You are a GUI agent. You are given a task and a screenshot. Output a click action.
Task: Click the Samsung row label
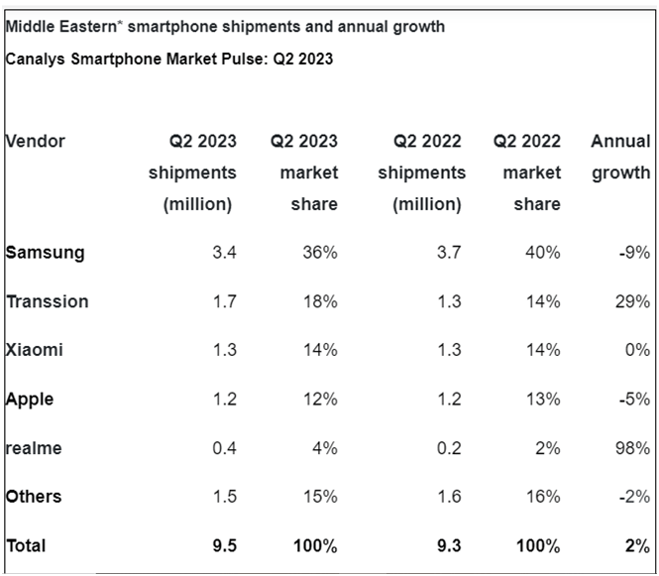click(46, 252)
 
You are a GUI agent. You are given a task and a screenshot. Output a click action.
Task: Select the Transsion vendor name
click(48, 301)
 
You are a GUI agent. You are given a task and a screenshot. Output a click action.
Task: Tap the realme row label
click(34, 448)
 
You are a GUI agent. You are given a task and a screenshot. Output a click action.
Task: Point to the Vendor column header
click(36, 141)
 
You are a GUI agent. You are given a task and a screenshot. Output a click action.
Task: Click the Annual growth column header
click(620, 157)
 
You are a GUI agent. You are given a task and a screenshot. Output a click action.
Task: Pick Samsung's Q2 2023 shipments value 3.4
click(224, 252)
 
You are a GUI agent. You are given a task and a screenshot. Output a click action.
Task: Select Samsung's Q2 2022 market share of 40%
click(544, 252)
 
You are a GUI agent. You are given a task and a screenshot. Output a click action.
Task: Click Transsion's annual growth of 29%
click(631, 301)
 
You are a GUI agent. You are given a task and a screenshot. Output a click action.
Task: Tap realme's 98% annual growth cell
click(631, 448)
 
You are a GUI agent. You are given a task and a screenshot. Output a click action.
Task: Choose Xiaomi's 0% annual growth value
click(636, 350)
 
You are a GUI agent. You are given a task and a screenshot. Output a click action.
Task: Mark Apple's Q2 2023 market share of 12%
click(321, 400)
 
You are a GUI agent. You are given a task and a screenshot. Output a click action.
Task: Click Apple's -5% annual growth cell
click(633, 400)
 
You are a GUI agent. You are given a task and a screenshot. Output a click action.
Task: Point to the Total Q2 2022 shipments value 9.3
click(448, 545)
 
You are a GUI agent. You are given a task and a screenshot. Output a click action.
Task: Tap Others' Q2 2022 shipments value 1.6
click(449, 497)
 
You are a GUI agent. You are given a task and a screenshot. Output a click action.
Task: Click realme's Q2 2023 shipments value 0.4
click(224, 448)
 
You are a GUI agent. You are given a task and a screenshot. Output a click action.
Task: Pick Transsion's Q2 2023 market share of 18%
click(321, 301)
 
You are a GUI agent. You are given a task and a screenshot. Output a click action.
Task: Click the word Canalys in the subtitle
click(36, 59)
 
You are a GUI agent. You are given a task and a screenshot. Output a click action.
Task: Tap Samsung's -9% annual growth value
click(633, 252)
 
